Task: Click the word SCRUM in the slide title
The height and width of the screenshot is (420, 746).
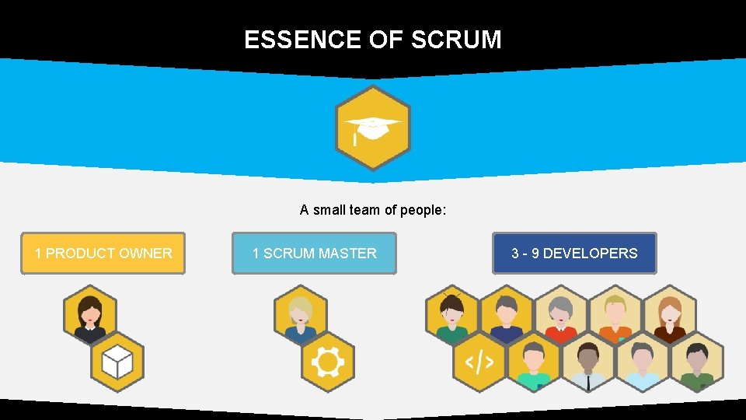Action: pos(456,40)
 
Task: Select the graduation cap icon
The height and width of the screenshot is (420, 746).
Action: pos(372,128)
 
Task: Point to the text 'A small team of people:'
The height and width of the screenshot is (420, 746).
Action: pos(373,210)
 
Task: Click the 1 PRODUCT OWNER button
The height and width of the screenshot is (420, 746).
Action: pos(103,254)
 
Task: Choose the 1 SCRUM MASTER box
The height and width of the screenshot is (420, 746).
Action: pos(314,254)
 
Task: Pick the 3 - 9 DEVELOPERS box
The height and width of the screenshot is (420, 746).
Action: pos(574,254)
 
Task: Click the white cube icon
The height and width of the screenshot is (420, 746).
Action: pos(117,362)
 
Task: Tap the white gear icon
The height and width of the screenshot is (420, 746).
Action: pos(327,362)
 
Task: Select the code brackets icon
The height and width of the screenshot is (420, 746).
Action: pos(479,362)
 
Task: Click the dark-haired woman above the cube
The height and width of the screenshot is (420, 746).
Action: pos(90,315)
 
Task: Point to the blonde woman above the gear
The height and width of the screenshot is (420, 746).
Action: pos(301,315)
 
